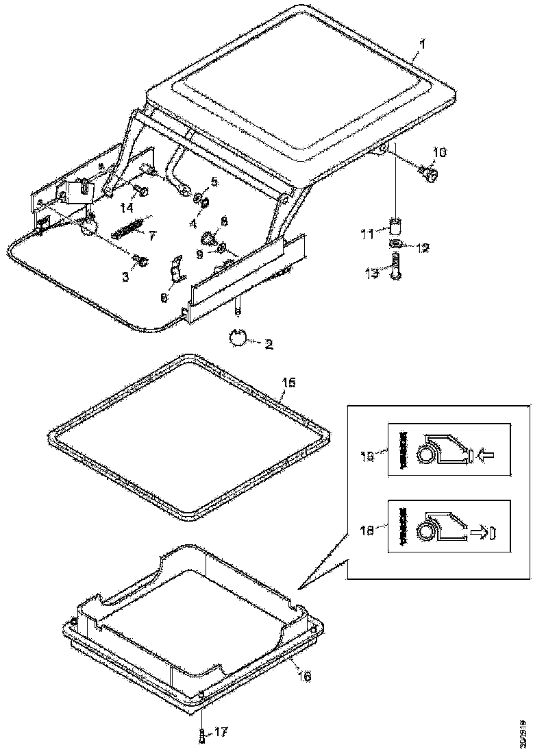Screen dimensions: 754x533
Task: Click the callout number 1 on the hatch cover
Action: (423, 45)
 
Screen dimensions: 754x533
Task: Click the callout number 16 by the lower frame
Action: (305, 676)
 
